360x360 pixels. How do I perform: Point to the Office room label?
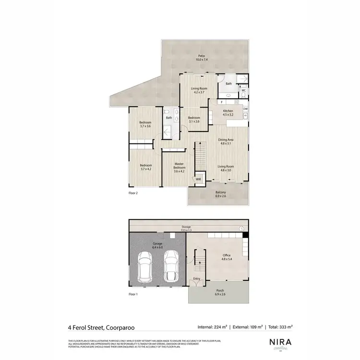pos(227,257)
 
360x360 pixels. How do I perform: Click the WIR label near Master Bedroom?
pos(198,179)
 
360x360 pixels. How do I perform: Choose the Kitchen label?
pos(228,113)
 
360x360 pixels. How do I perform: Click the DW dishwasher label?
pos(245,109)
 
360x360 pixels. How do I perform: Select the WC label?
pos(243,90)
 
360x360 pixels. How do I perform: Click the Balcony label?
pos(220,194)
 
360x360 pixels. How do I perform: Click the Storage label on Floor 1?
pos(186,228)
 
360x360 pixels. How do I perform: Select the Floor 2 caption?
pos(133,193)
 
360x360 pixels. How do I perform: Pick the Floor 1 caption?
pos(133,294)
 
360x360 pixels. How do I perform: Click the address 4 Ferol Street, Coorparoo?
pos(101,328)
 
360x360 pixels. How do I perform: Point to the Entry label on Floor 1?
pos(197,278)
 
